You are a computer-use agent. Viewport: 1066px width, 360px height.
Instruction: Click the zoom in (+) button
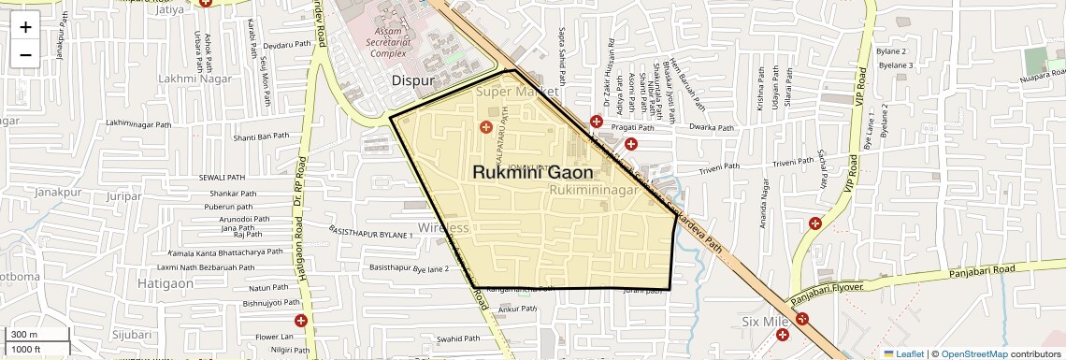(25, 26)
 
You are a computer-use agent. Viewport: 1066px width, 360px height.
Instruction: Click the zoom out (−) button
(25, 54)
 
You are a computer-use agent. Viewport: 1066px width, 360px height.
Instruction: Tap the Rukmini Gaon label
(532, 173)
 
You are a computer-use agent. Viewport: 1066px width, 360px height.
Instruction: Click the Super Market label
(517, 93)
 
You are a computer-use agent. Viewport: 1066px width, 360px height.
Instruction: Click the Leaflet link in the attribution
(904, 353)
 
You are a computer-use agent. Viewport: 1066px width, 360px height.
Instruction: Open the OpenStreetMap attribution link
(973, 353)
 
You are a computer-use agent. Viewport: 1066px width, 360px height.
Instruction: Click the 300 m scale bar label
(25, 334)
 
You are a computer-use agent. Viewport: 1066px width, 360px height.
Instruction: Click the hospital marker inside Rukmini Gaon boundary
(485, 126)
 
